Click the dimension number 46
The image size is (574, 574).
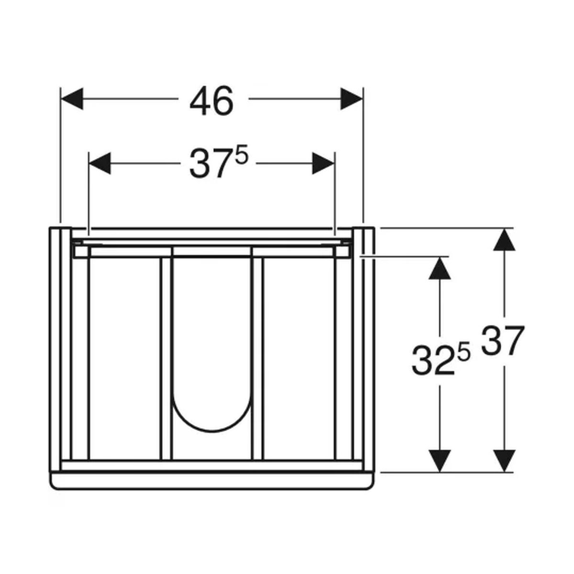[x=211, y=101]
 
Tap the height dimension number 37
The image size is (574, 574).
[x=503, y=341]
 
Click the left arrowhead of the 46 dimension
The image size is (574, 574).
[x=72, y=99]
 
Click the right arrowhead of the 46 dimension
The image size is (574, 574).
[x=352, y=99]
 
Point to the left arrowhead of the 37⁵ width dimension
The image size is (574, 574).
[x=100, y=163]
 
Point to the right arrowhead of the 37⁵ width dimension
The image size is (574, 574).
[x=323, y=163]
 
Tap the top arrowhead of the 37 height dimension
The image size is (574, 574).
[x=504, y=239]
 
